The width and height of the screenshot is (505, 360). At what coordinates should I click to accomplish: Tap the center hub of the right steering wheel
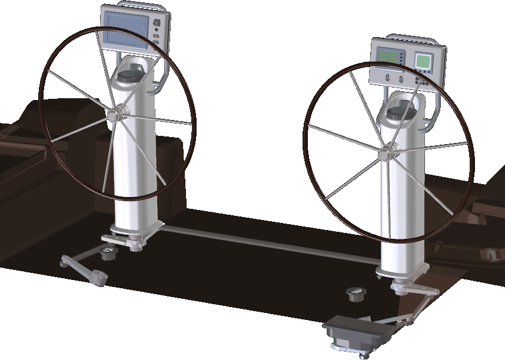click(385, 154)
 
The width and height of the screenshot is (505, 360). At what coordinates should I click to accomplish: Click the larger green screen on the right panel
click(390, 59)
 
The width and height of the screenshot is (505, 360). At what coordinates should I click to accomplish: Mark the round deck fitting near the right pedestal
click(356, 292)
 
